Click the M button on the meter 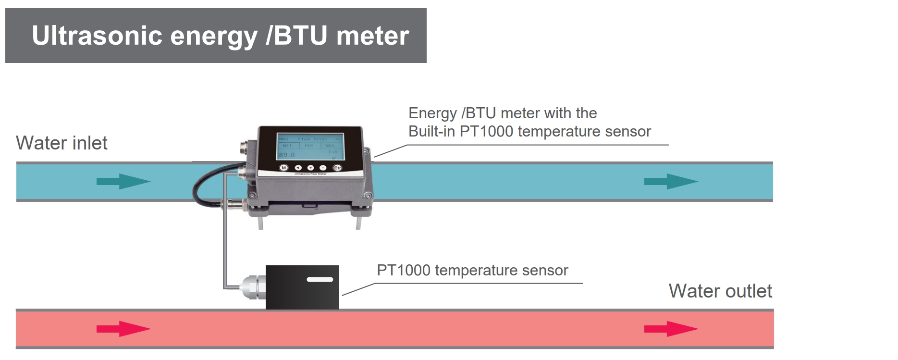(283, 168)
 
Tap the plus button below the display (310, 168)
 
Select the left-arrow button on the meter (297, 168)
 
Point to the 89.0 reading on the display (287, 155)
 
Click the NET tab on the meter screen (287, 146)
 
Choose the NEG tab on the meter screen (330, 146)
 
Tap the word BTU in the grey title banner (300, 36)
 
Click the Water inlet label (62, 143)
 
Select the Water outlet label (720, 291)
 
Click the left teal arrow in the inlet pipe (123, 181)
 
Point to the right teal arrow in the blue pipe (671, 181)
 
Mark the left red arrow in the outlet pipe (123, 329)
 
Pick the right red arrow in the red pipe (671, 329)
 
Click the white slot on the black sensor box (320, 279)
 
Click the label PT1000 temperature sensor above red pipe (472, 271)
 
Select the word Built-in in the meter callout (431, 132)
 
